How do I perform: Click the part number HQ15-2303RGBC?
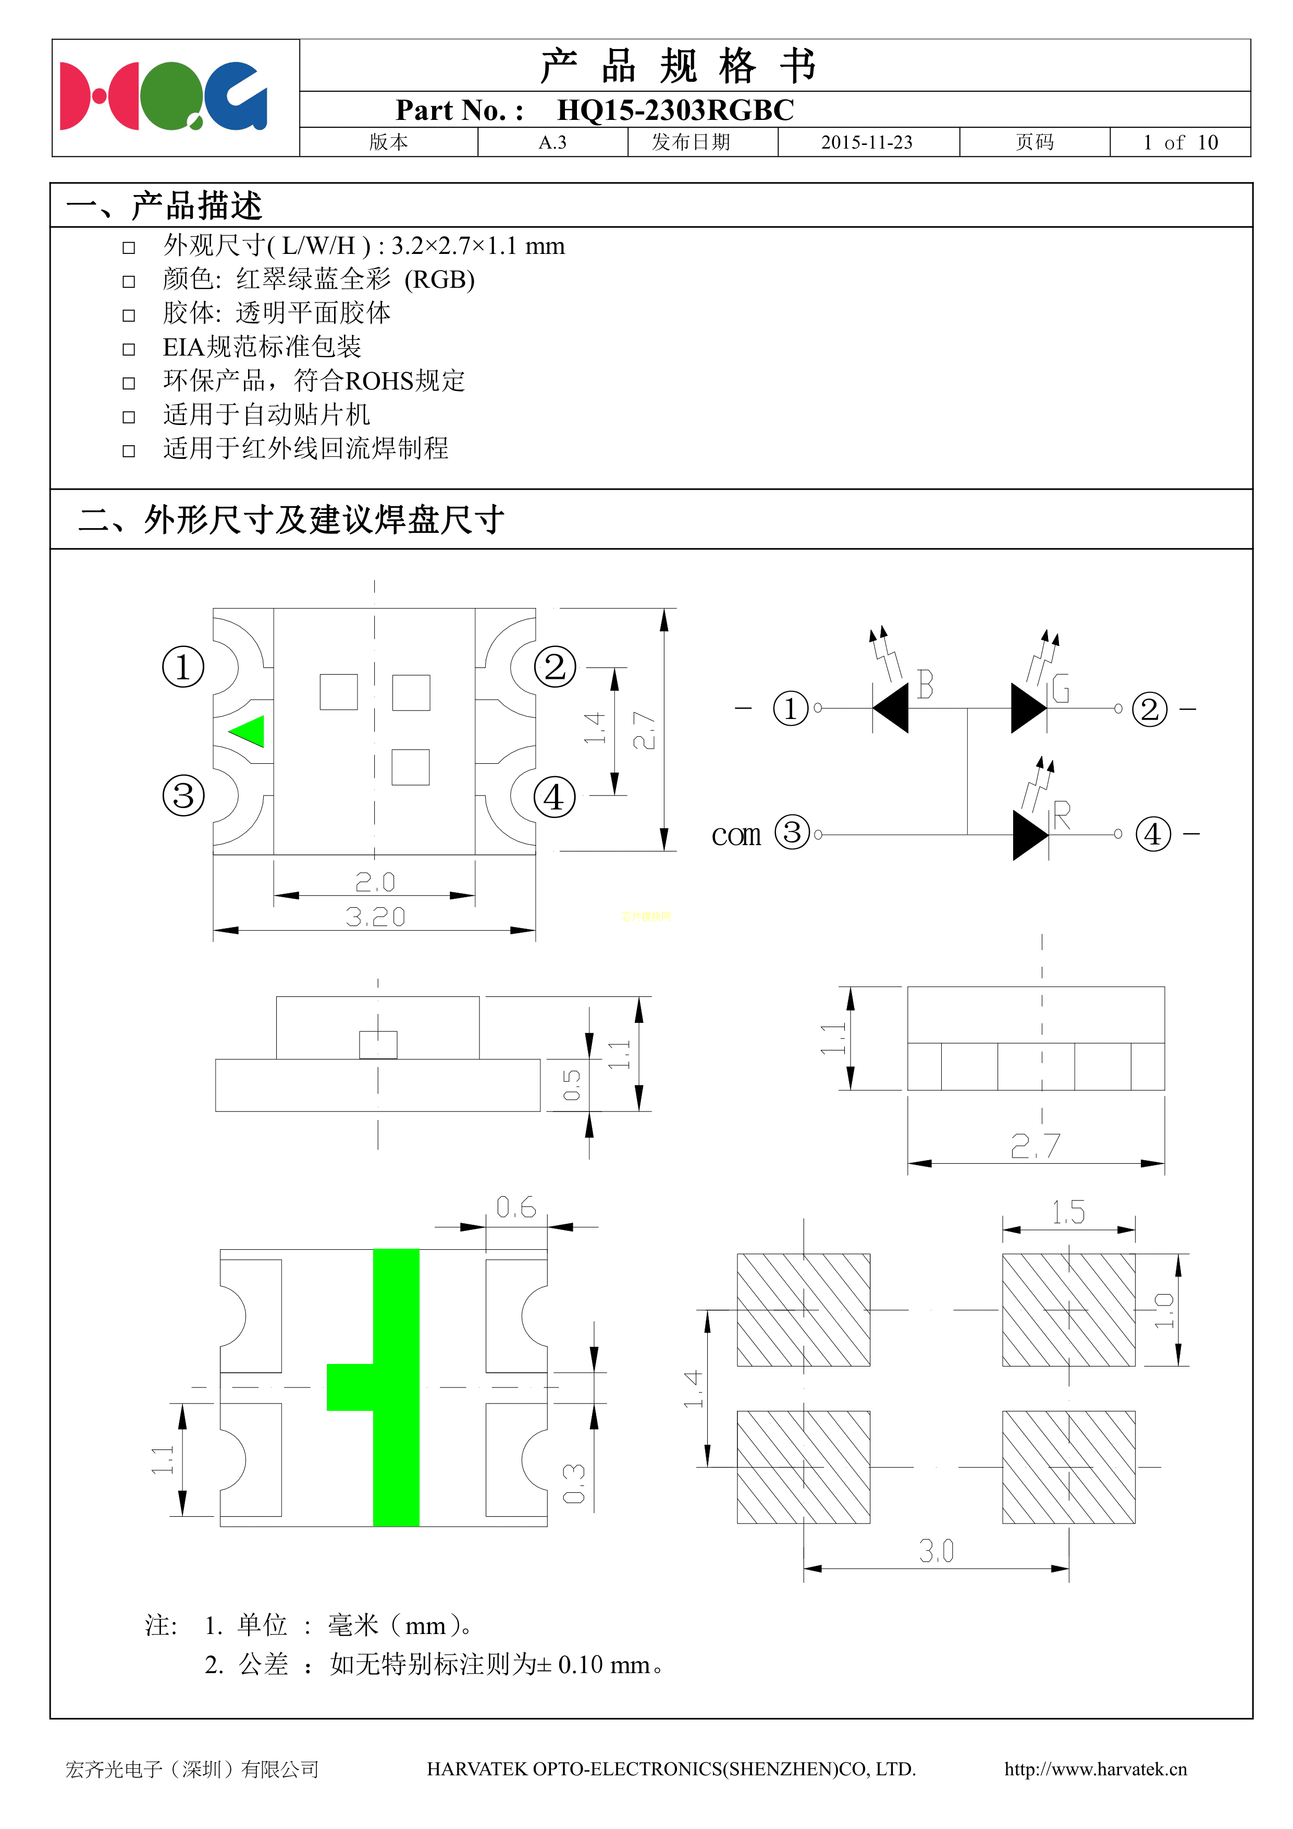pyautogui.click(x=674, y=110)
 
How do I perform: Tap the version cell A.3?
pyautogui.click(x=552, y=142)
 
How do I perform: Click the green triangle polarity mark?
pyautogui.click(x=249, y=730)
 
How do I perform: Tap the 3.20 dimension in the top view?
pyautogui.click(x=375, y=917)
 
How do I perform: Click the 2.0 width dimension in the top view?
pyautogui.click(x=375, y=882)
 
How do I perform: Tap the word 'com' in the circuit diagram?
pyautogui.click(x=736, y=835)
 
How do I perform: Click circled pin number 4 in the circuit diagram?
pyautogui.click(x=1153, y=835)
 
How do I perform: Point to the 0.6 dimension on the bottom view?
pyautogui.click(x=516, y=1208)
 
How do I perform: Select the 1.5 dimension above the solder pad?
pyautogui.click(x=1068, y=1212)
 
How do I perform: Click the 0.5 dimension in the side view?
pyautogui.click(x=572, y=1085)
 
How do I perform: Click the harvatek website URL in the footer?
pyautogui.click(x=1095, y=1769)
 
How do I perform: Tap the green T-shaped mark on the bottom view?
pyautogui.click(x=396, y=1387)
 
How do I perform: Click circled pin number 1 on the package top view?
pyautogui.click(x=183, y=667)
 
